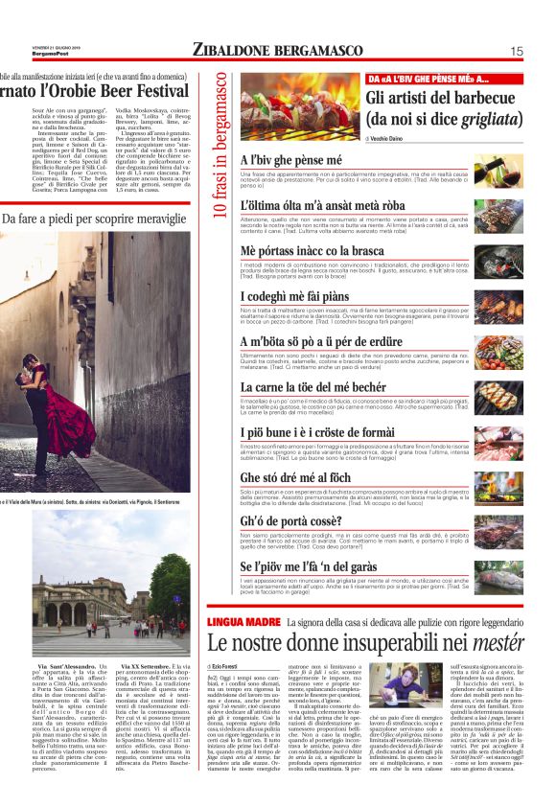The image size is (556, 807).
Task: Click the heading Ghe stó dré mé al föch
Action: (x=296, y=477)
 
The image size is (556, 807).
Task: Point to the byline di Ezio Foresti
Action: (x=226, y=665)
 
